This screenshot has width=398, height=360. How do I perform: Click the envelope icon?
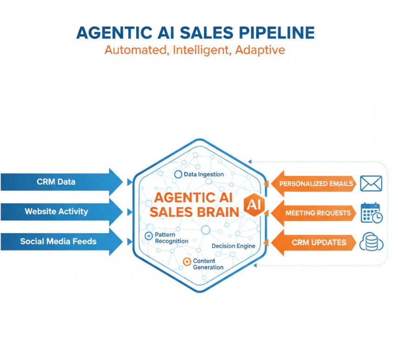tap(371, 184)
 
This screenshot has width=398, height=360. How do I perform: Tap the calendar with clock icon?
tap(371, 213)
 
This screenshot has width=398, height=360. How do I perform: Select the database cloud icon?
tap(371, 242)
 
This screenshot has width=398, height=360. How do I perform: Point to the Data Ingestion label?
tap(204, 174)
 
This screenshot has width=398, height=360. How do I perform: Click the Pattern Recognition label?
tap(171, 238)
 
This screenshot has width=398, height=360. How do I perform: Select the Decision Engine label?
tap(233, 246)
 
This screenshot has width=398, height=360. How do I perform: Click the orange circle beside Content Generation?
tap(187, 262)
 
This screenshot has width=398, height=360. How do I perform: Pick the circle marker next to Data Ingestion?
tap(178, 174)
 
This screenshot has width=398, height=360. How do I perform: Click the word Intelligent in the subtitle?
tap(202, 50)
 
